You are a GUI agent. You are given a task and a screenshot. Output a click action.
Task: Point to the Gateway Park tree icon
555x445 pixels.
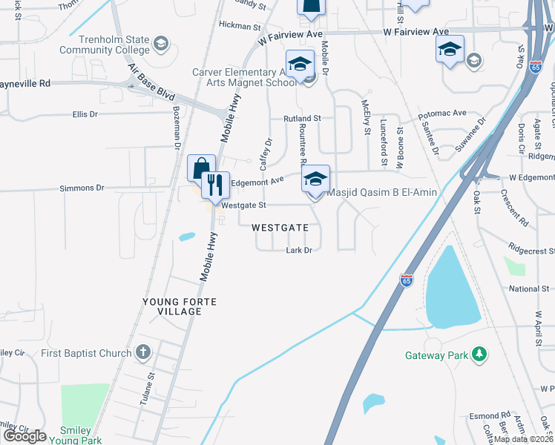coord(480,355)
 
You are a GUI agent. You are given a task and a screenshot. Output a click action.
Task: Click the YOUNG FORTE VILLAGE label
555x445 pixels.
coord(173,306)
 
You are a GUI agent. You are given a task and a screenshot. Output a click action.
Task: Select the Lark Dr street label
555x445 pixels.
coord(298,251)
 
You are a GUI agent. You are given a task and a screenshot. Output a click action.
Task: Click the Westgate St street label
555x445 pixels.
coord(243,205)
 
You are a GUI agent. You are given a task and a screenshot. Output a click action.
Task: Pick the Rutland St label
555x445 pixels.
coord(301,118)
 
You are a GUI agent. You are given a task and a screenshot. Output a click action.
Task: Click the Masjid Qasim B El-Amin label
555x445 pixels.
coord(381,193)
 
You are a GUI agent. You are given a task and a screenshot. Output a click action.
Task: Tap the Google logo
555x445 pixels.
coord(24,435)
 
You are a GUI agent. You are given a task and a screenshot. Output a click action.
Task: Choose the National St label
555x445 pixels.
coord(529,289)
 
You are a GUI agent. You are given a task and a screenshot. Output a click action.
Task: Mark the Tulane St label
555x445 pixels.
coord(148,389)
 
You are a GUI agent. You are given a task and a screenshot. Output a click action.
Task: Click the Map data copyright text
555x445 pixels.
coord(523,439)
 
